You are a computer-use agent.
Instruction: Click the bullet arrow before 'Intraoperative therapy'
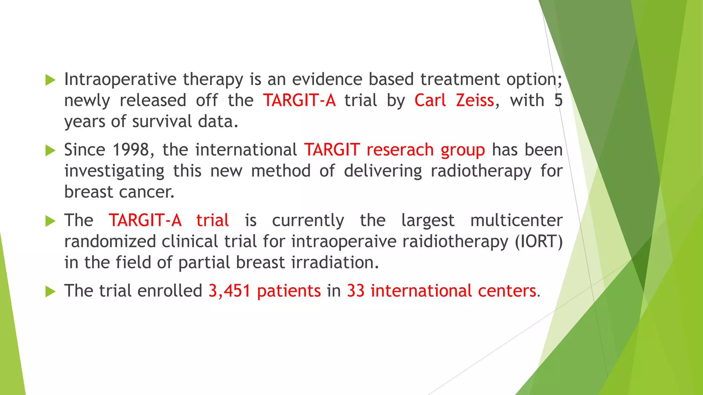click(50, 80)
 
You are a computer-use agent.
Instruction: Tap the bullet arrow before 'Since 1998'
click(50, 151)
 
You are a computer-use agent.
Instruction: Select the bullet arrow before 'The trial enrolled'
click(50, 292)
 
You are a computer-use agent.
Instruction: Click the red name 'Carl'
click(430, 100)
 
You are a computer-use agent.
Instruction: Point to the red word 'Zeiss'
click(475, 100)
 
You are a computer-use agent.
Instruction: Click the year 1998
click(130, 150)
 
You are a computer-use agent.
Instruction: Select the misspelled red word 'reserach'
click(400, 150)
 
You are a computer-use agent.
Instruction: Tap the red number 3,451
click(229, 291)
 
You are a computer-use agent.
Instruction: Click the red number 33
click(355, 291)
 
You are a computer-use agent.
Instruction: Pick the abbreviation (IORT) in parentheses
click(539, 241)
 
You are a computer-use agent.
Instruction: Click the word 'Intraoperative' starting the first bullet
click(120, 80)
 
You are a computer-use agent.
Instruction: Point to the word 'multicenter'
click(516, 220)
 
